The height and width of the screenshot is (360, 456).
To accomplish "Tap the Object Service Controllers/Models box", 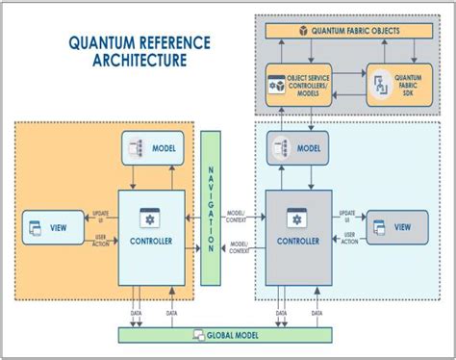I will [298, 85].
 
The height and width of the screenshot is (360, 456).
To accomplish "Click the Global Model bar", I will [227, 335].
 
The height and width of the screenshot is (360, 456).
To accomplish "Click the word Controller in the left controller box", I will [150, 242].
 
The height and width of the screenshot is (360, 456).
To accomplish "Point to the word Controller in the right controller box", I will [298, 242].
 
